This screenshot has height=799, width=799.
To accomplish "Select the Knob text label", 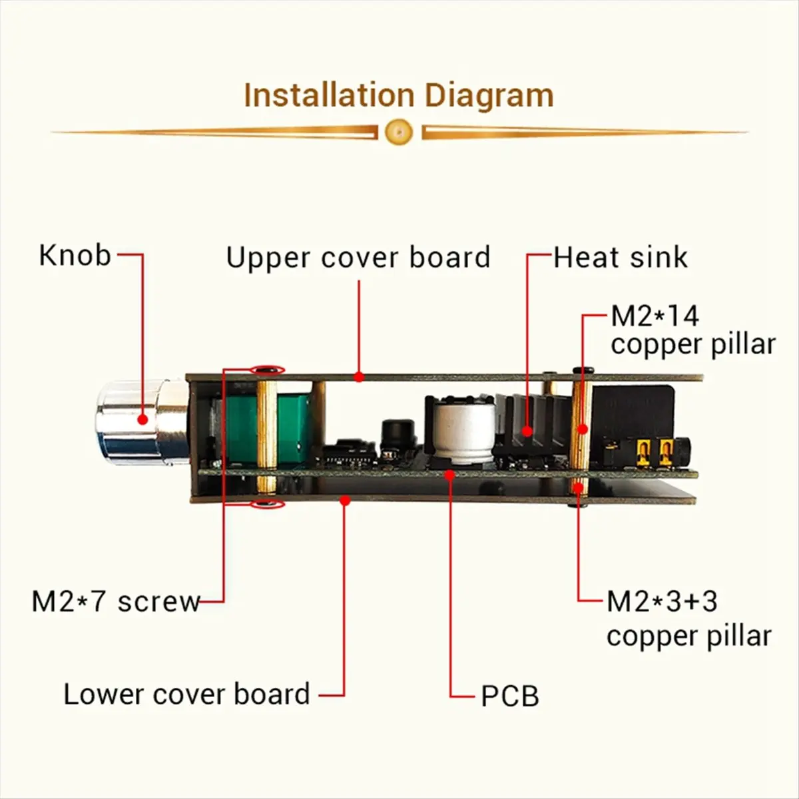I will (x=75, y=255).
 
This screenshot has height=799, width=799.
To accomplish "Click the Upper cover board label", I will (x=358, y=258).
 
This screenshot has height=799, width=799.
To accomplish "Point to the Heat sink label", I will (x=621, y=258).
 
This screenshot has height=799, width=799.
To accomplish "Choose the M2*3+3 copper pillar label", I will (x=688, y=619).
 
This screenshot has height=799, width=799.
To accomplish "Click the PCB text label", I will (x=510, y=696).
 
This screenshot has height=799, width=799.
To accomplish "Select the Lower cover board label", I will (x=187, y=694).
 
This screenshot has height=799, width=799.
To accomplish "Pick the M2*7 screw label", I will (x=116, y=602).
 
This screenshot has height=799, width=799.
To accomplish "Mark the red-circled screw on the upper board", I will (x=268, y=370).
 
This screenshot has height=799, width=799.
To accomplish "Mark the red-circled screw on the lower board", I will (x=268, y=504).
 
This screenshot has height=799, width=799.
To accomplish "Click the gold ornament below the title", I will (x=399, y=132).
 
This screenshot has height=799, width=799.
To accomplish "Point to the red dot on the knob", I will (x=142, y=419).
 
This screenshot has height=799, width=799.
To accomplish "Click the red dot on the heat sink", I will (x=528, y=431).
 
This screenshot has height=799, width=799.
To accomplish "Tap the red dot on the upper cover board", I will (x=359, y=377).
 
